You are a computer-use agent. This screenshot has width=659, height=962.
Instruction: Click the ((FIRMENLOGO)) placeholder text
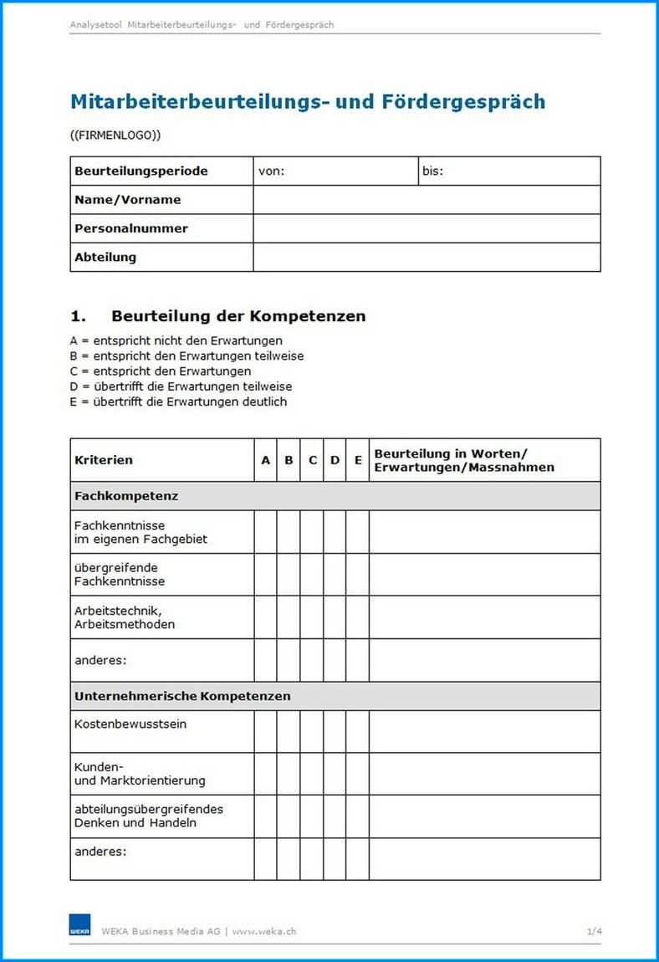point(115,135)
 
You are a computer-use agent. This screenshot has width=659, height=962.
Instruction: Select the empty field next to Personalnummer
point(427,228)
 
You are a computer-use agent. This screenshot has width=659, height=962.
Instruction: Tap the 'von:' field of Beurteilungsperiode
point(335,171)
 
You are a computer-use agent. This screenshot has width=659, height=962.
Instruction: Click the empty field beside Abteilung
point(427,257)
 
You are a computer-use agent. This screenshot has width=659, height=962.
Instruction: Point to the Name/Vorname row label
point(128,200)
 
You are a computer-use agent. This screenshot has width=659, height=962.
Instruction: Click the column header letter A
point(266,460)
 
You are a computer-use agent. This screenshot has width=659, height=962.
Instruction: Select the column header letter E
point(358,460)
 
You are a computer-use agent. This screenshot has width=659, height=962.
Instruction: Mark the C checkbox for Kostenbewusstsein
point(312,731)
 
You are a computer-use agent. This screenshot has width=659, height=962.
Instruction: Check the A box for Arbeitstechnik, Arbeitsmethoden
point(266,617)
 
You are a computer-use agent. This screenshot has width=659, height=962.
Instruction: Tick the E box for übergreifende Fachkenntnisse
point(358,575)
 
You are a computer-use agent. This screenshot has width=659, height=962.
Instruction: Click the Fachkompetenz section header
point(126,496)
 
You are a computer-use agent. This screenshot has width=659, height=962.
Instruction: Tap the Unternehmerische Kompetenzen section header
point(182,696)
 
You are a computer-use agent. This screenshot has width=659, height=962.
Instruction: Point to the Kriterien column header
point(104,460)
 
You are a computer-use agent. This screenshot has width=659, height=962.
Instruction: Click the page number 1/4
point(594,931)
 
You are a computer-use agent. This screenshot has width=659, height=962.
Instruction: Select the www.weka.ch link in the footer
point(264,931)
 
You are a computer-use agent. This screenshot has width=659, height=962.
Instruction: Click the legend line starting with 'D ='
point(181,386)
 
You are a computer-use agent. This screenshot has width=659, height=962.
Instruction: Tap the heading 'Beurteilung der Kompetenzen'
point(238,316)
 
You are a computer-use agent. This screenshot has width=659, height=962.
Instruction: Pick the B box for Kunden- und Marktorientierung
point(289,774)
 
